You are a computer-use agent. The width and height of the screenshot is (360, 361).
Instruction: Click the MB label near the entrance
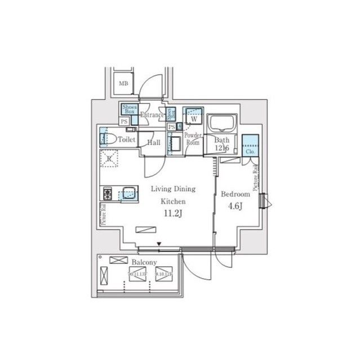tap(123, 84)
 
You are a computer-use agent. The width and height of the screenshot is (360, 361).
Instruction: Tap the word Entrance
tap(151, 116)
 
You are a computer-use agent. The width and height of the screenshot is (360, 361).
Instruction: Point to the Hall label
tap(154, 143)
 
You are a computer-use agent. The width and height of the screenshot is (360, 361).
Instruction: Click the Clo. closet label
tap(250, 152)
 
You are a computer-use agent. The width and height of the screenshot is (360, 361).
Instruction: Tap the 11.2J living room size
tap(172, 213)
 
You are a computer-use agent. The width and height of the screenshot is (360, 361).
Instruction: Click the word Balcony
tap(144, 263)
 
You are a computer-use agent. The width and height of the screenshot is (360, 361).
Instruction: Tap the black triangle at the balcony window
tap(159, 244)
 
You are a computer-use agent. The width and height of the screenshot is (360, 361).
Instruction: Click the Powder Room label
tap(193, 139)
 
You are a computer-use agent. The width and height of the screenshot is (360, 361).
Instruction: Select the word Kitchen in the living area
tap(172, 201)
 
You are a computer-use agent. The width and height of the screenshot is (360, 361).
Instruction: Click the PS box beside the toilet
tap(124, 121)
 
